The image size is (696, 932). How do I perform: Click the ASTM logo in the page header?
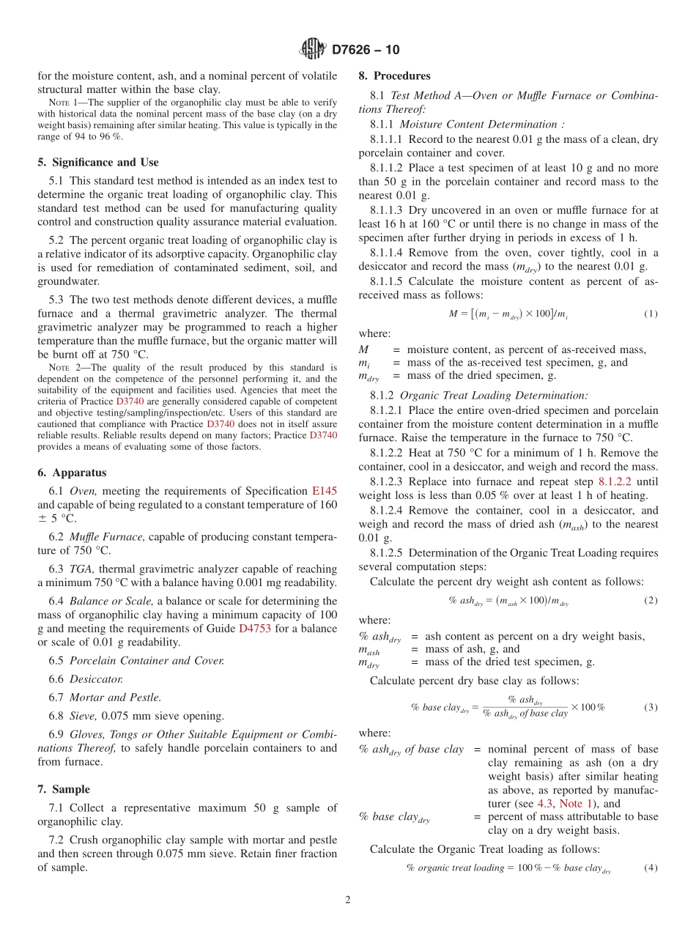pyautogui.click(x=313, y=49)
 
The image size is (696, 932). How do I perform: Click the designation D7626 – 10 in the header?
pyautogui.click(x=366, y=50)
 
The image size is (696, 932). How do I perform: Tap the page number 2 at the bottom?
pyautogui.click(x=348, y=900)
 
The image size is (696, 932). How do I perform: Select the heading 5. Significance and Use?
pyautogui.click(x=98, y=162)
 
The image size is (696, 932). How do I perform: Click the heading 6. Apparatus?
pyautogui.click(x=72, y=473)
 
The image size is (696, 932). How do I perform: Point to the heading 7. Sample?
pyautogui.click(x=64, y=789)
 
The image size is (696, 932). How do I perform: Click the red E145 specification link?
pyautogui.click(x=325, y=491)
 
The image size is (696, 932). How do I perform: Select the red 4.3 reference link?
pyautogui.click(x=545, y=803)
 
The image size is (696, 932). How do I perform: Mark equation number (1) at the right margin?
pyautogui.click(x=651, y=314)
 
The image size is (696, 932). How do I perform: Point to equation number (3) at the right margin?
pyautogui.click(x=651, y=707)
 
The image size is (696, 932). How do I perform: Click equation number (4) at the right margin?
pyautogui.click(x=651, y=868)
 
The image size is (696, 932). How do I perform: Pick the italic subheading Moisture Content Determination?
pyautogui.click(x=481, y=124)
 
